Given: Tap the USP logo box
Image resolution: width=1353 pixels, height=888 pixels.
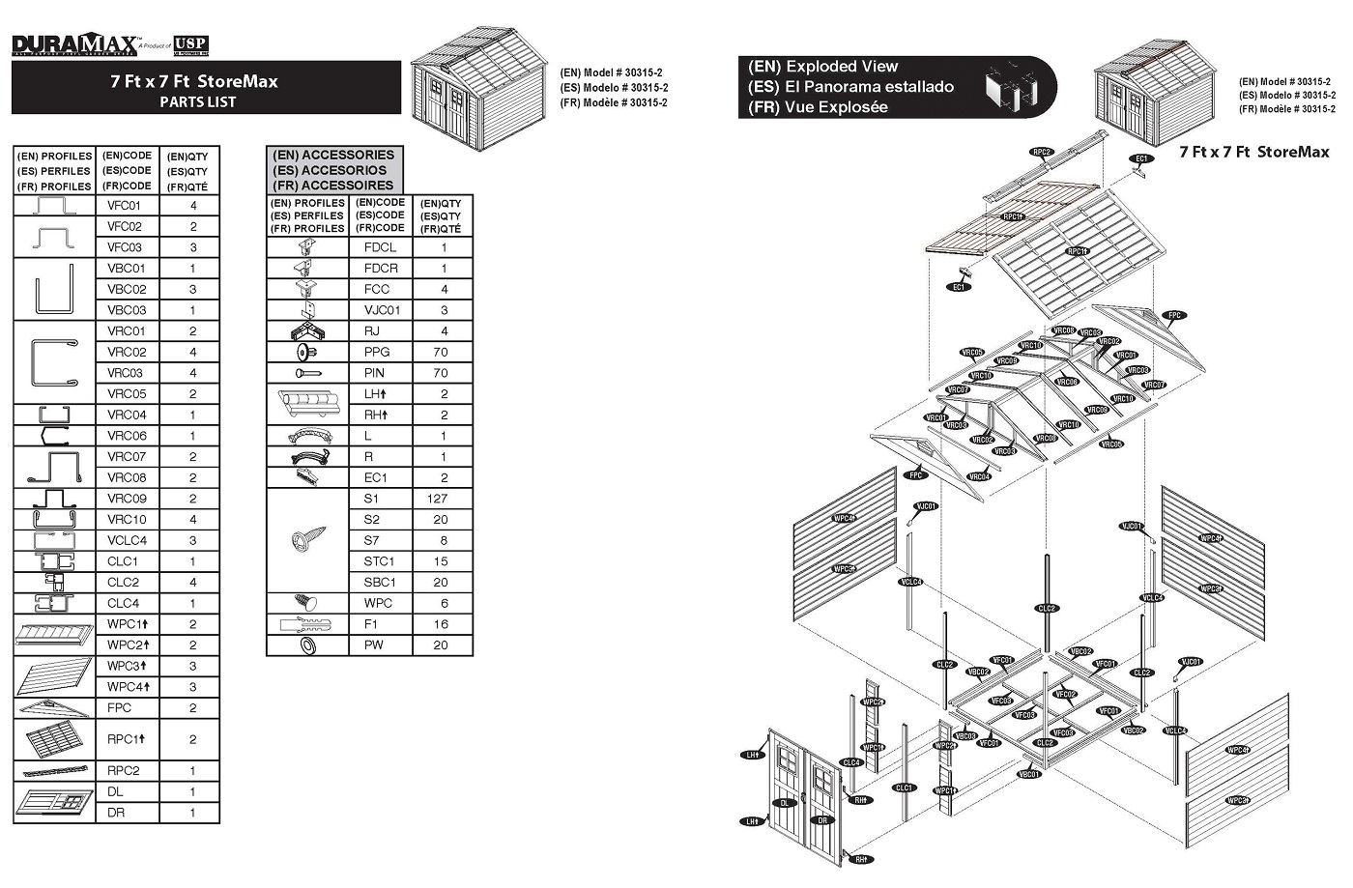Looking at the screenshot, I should pos(190,45).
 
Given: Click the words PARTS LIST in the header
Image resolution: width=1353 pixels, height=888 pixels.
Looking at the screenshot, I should pos(197,101).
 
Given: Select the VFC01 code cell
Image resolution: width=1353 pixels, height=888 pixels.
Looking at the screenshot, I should pos(125,206).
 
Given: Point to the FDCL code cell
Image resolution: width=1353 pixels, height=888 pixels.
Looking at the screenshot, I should pos(380,247).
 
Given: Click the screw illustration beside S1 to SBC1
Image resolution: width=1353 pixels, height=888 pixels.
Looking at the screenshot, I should pos(307,540).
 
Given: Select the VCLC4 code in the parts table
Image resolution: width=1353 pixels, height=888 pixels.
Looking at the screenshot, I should pos(127,540).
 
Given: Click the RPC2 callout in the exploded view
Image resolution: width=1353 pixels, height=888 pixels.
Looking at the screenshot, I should pos(1041,152).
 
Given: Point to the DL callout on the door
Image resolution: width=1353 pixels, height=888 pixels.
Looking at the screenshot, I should pos(786,803).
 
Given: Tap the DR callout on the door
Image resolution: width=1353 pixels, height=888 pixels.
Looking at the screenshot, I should pos(822,819).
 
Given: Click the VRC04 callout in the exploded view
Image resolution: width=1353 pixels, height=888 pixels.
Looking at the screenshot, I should pos(979,476).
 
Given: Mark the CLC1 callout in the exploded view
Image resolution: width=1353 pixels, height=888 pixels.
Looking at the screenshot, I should pos(904,788).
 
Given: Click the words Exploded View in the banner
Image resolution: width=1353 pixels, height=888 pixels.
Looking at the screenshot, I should pos(841,67).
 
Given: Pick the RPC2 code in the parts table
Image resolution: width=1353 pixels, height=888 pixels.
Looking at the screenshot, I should pos(124,771).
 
